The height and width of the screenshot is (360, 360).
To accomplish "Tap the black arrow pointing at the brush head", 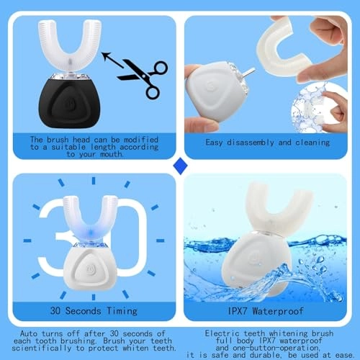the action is coord(112,60).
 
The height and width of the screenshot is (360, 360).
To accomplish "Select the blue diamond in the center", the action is coord(180,166).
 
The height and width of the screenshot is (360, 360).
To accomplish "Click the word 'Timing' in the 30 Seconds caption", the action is coord(122,311).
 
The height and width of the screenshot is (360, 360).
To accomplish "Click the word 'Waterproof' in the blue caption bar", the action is coord(278,311).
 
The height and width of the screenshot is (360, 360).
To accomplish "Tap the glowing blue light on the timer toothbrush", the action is coord(91,233).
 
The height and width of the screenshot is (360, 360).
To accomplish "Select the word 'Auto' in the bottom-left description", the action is coord(28,333).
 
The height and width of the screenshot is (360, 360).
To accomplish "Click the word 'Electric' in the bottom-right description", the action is coord(222,333).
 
